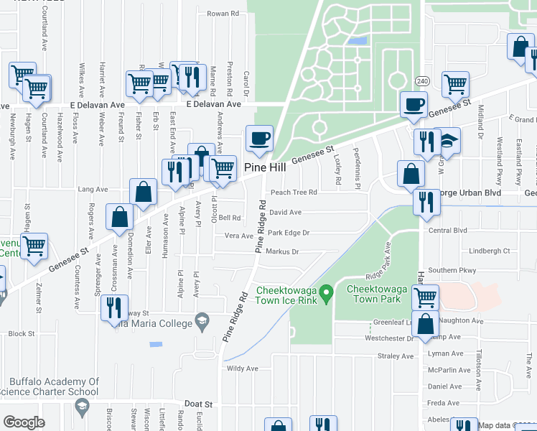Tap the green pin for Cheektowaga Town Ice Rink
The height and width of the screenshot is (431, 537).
(326, 293)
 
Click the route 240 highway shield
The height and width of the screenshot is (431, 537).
(422, 80)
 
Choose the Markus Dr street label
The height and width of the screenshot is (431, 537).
(282, 252)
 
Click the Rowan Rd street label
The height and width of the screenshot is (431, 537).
(222, 14)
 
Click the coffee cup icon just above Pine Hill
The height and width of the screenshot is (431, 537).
(259, 136)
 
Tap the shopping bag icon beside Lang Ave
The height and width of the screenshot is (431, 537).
(144, 191)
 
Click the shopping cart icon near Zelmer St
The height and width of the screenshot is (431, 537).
(34, 245)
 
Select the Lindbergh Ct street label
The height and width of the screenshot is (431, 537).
(489, 251)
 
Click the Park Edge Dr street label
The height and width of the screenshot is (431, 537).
(288, 233)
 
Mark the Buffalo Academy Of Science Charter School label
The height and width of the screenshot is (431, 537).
(54, 386)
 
